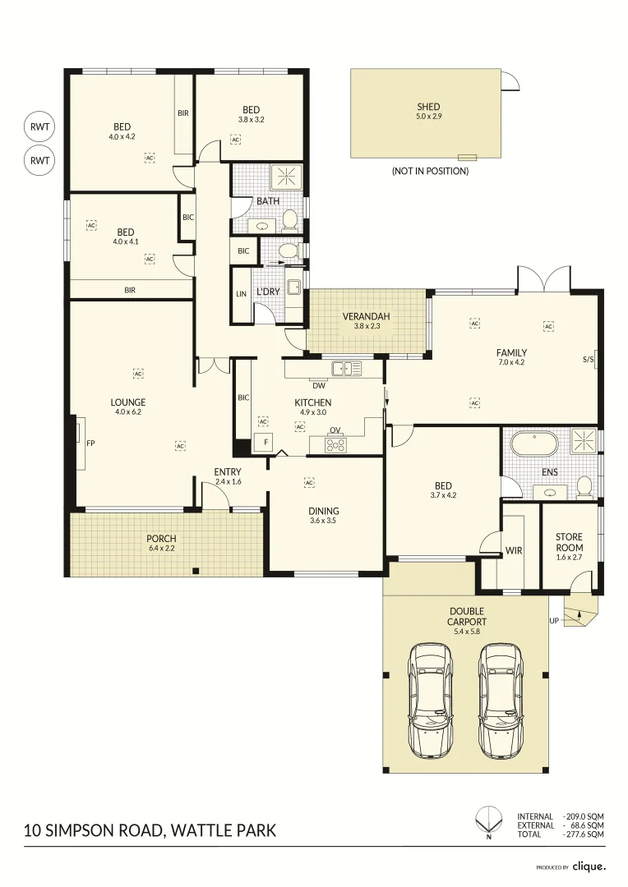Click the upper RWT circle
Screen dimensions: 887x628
point(39,127)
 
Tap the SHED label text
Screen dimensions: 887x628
point(428,107)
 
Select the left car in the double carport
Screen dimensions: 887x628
point(432,700)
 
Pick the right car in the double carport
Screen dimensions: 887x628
point(501,700)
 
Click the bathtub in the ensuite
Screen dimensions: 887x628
point(534,444)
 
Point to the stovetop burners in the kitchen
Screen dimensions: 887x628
point(335,445)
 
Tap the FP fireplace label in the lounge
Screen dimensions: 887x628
point(91,443)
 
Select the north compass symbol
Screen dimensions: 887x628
point(488,820)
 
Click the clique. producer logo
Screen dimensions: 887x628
point(589,866)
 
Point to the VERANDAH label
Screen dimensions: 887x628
point(366,316)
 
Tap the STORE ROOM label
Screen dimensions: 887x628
point(569,542)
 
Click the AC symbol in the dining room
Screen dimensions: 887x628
point(309,483)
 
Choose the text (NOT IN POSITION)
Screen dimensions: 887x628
point(430,171)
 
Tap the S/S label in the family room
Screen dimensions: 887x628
point(588,359)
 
